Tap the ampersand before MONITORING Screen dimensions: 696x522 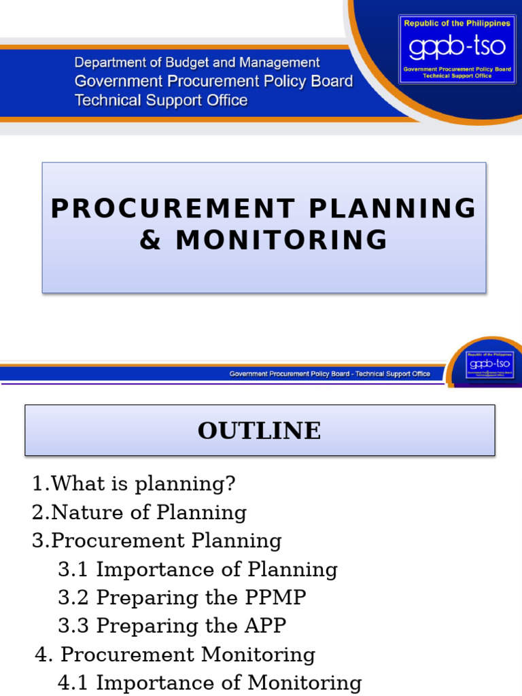(x=151, y=240)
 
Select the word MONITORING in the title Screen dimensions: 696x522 (x=282, y=240)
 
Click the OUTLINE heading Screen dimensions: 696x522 (x=260, y=431)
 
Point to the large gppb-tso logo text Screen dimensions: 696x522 (x=455, y=48)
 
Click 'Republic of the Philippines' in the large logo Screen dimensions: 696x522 (x=457, y=23)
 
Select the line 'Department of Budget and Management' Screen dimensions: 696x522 (x=197, y=63)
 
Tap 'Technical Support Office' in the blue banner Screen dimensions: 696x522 (x=161, y=101)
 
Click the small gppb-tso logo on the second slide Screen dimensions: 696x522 (x=490, y=364)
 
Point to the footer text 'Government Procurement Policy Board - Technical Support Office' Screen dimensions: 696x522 (x=330, y=374)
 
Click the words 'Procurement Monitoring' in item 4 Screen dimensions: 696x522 (x=188, y=655)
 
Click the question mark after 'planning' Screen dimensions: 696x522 (x=230, y=484)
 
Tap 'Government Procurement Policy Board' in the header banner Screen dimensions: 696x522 (x=213, y=82)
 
